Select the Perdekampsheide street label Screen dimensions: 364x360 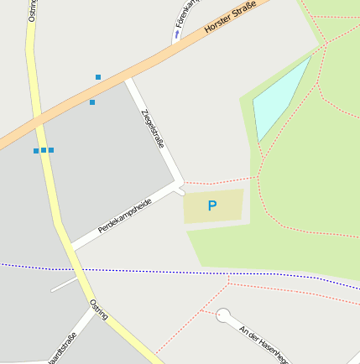[x=124, y=216]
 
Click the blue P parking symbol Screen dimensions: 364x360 [x=212, y=205]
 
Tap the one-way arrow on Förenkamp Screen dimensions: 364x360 [x=177, y=36]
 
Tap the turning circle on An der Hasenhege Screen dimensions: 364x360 [x=223, y=315]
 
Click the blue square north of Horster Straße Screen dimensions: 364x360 [x=98, y=77]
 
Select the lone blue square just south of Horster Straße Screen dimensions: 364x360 [x=92, y=102]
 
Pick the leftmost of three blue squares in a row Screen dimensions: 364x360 [x=36, y=151]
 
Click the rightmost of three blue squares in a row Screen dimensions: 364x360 [x=51, y=150]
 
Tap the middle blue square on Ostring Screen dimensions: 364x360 [x=44, y=150]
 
